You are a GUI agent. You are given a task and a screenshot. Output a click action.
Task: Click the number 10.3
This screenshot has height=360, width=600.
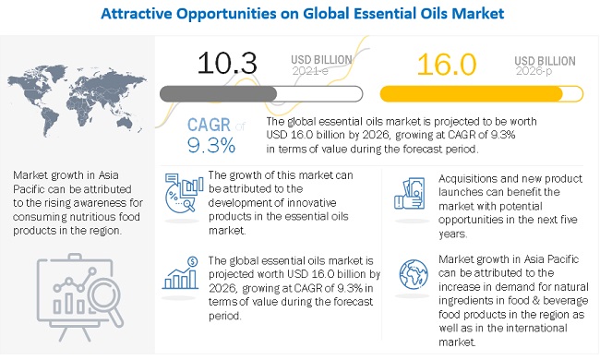click(x=227, y=63)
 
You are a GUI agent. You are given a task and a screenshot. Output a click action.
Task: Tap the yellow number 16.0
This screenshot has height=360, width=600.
click(x=447, y=65)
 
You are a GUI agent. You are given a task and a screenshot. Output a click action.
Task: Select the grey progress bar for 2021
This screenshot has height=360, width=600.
click(x=261, y=94)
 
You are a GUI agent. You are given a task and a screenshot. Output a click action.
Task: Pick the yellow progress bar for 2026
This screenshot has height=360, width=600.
click(x=481, y=94)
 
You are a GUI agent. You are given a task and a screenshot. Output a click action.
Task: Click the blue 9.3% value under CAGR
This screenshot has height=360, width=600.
click(x=211, y=145)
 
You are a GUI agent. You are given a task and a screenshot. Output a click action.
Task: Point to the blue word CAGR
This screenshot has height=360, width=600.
click(x=209, y=125)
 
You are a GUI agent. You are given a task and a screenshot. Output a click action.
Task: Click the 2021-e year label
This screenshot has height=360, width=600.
click(x=310, y=71)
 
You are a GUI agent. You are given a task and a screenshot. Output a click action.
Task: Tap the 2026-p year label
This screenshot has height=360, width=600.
click(x=534, y=71)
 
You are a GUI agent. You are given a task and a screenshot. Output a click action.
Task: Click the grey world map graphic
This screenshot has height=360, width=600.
click(x=77, y=100)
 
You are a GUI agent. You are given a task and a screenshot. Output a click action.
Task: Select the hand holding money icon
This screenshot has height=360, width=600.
click(x=410, y=193)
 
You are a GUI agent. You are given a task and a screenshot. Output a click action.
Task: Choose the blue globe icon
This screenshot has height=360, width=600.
click(x=414, y=274)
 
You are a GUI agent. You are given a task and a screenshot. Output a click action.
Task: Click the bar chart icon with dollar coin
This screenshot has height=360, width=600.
click(x=181, y=273)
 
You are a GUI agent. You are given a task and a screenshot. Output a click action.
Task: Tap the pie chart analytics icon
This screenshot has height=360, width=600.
click(x=184, y=192)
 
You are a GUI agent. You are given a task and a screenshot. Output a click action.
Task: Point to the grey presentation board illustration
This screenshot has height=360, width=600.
click(x=79, y=297)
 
